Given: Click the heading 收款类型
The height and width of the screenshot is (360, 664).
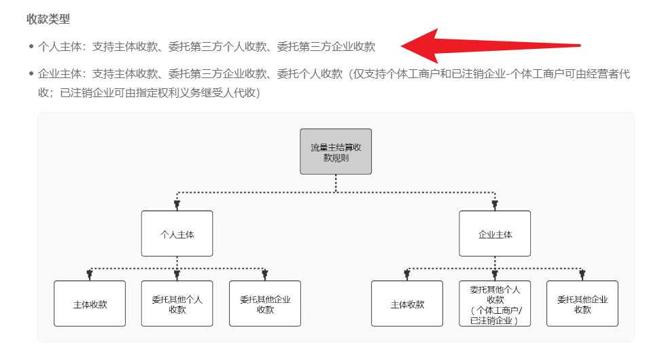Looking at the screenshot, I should (x=48, y=19).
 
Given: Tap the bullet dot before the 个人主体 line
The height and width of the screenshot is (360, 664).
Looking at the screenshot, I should (x=31, y=47).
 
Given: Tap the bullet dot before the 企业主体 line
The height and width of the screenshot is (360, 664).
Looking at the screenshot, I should (x=31, y=74).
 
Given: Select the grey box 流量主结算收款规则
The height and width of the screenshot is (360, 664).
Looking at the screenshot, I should (x=336, y=151).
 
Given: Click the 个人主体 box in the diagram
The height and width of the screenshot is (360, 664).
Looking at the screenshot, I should (x=177, y=234).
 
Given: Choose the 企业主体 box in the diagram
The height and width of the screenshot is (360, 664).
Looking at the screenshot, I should (x=495, y=234).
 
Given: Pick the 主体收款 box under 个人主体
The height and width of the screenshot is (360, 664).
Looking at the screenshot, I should (x=90, y=304).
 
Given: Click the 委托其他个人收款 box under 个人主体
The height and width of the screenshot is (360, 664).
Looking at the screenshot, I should (x=177, y=304).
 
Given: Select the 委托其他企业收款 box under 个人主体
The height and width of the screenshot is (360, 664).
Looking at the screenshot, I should (x=265, y=304).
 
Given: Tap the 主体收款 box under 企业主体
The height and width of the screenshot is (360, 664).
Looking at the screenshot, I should (x=407, y=304).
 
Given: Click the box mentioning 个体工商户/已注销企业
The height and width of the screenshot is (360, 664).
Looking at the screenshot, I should (x=495, y=304).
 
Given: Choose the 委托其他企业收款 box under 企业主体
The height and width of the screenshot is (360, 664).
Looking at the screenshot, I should (x=582, y=304).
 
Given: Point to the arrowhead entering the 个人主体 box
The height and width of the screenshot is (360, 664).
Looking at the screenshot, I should (x=177, y=204).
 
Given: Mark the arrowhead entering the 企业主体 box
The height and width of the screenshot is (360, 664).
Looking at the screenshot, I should (x=495, y=204).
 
